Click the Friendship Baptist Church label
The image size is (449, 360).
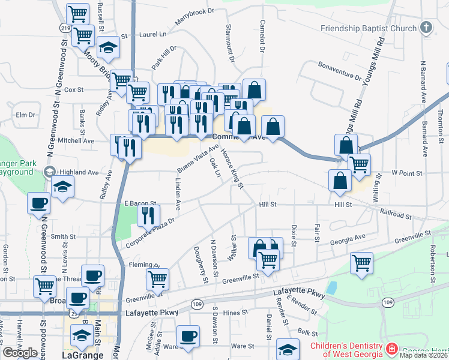point(368,28)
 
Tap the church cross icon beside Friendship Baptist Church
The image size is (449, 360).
point(426,28)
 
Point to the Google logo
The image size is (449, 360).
point(20,353)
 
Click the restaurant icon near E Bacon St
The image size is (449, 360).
point(148,214)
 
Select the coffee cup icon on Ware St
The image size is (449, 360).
point(188,335)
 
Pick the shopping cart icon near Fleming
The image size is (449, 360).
point(157,278)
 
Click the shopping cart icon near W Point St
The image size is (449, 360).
point(359,164)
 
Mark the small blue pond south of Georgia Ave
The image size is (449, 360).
point(331,287)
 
